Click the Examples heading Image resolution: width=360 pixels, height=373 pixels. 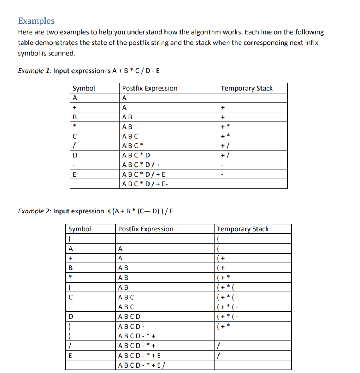[x=36, y=21]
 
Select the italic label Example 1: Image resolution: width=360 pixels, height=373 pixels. [x=35, y=71]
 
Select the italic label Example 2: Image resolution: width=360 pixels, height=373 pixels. [x=35, y=211]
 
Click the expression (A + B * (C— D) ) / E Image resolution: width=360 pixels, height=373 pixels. [x=142, y=211]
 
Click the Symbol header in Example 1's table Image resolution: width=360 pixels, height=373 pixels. [x=84, y=88]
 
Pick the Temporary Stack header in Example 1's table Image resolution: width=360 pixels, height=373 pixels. [x=247, y=88]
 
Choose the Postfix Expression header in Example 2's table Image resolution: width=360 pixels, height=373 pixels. [x=146, y=229]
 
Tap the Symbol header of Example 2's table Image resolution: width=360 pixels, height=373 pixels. [x=80, y=229]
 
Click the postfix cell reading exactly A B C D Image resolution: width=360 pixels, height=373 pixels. [x=129, y=317]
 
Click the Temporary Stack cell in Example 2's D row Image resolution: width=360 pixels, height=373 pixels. [x=228, y=317]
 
